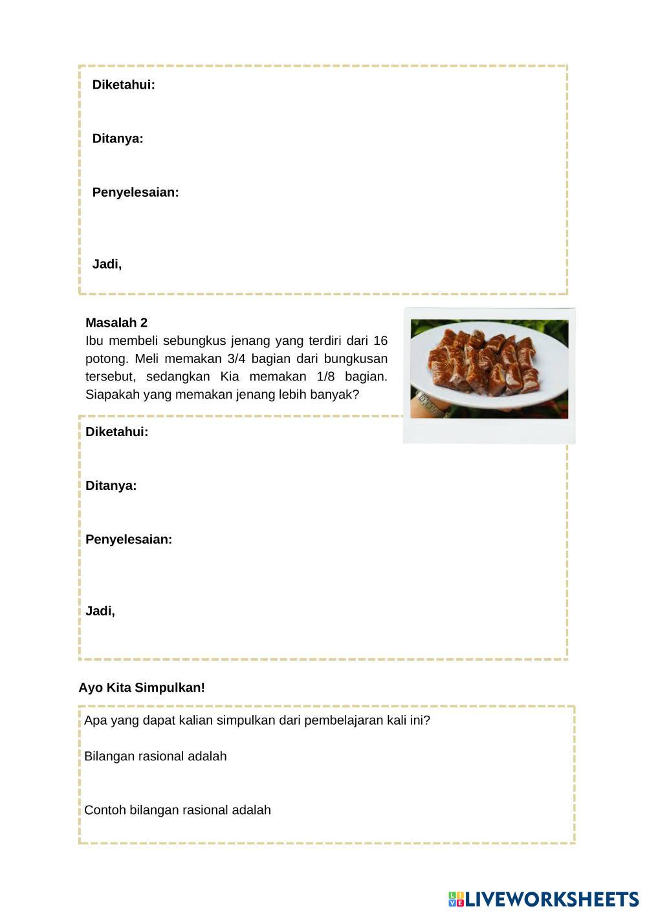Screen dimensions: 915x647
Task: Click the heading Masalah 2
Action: click(116, 323)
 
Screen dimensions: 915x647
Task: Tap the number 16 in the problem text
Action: click(380, 341)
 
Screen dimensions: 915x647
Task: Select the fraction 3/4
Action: click(237, 358)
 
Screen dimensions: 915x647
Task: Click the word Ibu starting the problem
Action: click(94, 341)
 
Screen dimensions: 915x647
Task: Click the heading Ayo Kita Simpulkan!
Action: click(142, 688)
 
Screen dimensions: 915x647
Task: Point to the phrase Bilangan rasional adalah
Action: click(155, 756)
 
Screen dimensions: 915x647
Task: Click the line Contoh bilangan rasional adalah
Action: click(177, 810)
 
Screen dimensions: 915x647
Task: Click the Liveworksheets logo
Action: click(543, 899)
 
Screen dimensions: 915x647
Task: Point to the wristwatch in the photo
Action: click(430, 404)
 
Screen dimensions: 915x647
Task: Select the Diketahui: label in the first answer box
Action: click(124, 85)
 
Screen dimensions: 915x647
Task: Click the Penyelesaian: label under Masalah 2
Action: click(129, 540)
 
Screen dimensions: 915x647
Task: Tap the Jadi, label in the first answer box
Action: click(107, 264)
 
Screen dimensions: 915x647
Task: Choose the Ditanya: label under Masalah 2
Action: click(111, 486)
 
